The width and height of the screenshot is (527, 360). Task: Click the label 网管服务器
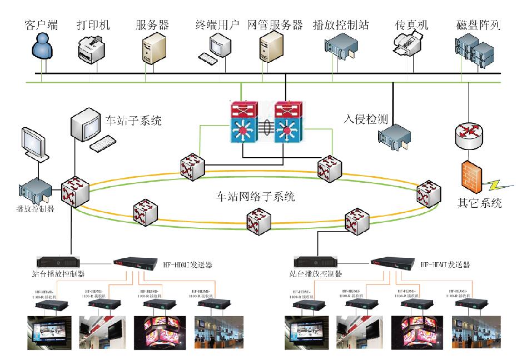coord(274,25)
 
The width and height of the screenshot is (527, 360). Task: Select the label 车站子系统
coord(133,120)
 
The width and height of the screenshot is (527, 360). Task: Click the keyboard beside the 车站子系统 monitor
coord(106,143)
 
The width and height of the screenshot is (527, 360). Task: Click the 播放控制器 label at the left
coord(35,209)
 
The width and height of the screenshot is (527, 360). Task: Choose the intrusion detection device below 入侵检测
coord(394,137)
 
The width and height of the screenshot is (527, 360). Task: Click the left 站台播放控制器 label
coord(58,273)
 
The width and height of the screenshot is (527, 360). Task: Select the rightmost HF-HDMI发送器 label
coord(445,265)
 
